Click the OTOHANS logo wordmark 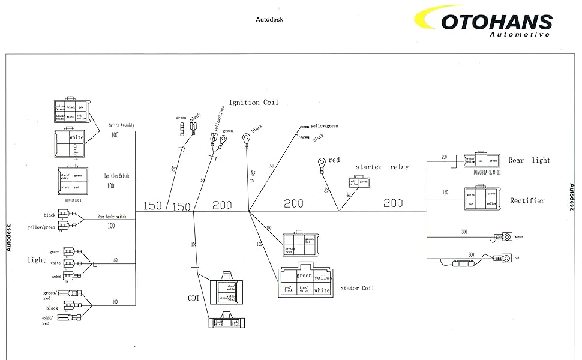click(x=496, y=22)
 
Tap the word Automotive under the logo click(x=519, y=35)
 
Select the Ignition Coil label click(x=253, y=103)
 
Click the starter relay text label click(x=382, y=167)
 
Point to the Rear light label click(x=529, y=160)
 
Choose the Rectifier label click(x=527, y=200)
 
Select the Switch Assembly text click(x=121, y=125)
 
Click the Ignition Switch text click(x=119, y=176)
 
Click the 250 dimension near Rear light click(x=444, y=157)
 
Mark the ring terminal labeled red click(x=322, y=162)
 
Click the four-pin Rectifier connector click(x=481, y=199)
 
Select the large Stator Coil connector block click(x=305, y=281)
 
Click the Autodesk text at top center click(x=269, y=19)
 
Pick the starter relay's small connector click(x=355, y=182)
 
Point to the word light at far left click(x=37, y=260)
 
